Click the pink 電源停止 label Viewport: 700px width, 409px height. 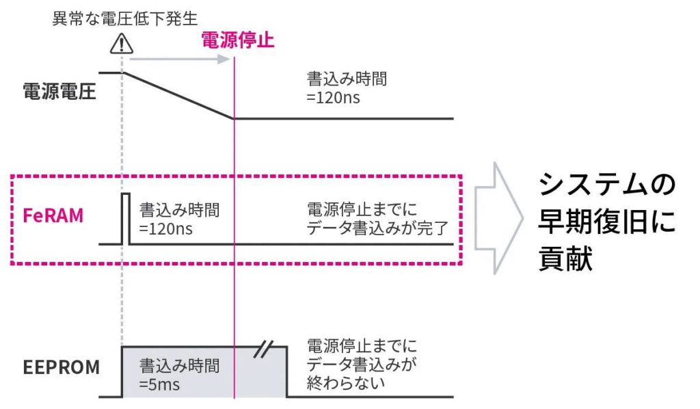(x=237, y=40)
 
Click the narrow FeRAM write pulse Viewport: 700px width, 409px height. (x=125, y=217)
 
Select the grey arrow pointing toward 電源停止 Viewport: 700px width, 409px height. (x=179, y=59)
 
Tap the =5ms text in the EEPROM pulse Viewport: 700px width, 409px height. (x=159, y=384)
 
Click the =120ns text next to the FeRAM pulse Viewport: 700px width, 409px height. (x=165, y=228)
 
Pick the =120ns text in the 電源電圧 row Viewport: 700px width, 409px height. (x=334, y=97)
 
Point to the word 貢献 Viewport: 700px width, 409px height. (x=565, y=260)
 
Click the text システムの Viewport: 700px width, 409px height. (x=606, y=183)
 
